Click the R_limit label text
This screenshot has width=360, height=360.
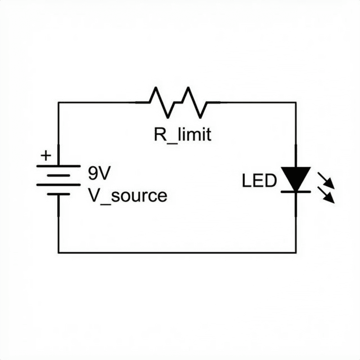pyautogui.click(x=182, y=135)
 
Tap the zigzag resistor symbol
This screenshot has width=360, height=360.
pyautogui.click(x=178, y=102)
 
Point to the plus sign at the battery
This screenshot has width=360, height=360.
pyautogui.click(x=46, y=155)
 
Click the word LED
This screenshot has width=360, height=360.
pyautogui.click(x=259, y=181)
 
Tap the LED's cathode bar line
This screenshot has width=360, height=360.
pyautogui.click(x=296, y=192)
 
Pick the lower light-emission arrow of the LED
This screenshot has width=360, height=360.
pyautogui.click(x=326, y=195)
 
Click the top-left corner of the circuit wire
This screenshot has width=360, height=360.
pyautogui.click(x=59, y=103)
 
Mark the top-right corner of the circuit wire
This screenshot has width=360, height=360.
pyautogui.click(x=296, y=103)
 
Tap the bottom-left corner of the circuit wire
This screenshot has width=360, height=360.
pyautogui.click(x=59, y=252)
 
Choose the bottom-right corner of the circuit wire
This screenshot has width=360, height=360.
pyautogui.click(x=296, y=252)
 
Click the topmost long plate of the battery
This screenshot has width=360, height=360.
pyautogui.click(x=58, y=166)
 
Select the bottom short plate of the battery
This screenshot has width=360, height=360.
pyautogui.click(x=58, y=194)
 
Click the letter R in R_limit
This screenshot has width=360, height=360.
pyautogui.click(x=159, y=135)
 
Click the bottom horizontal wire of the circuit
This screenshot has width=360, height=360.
pyautogui.click(x=176, y=252)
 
